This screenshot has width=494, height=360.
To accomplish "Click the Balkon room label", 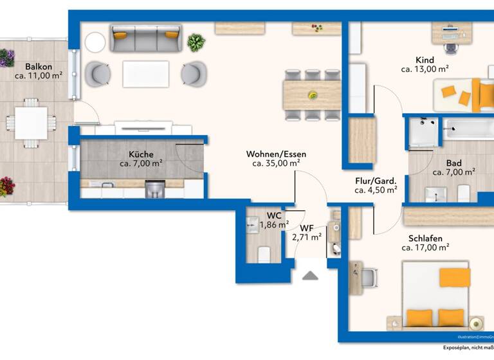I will [38, 66].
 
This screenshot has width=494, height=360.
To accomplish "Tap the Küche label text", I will [141, 154].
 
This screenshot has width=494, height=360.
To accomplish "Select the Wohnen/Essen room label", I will [276, 154].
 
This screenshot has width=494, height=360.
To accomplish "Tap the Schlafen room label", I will [425, 239].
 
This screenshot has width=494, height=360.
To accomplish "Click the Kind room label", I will [425, 59].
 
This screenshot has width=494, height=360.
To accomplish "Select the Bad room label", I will [453, 163].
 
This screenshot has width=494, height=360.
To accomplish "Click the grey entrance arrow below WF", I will [311, 275].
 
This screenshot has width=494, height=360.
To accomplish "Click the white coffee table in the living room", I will [145, 73].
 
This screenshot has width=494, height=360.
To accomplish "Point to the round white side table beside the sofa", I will [95, 42].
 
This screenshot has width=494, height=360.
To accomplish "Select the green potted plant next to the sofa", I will [196, 42].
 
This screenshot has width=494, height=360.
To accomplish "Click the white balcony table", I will [31, 122].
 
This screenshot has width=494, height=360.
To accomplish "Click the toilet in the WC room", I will [264, 255].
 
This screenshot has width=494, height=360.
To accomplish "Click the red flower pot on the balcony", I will [6, 187].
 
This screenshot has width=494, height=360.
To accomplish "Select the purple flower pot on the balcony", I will [6, 58].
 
